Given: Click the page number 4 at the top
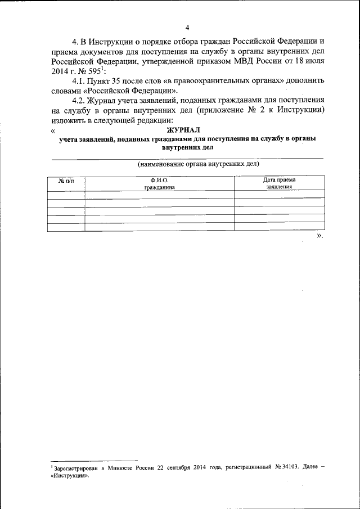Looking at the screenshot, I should click(187, 28).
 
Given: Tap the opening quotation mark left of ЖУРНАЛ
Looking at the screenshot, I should click(52, 130).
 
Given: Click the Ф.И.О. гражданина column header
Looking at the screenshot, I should click(159, 184).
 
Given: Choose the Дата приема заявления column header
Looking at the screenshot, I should click(279, 184).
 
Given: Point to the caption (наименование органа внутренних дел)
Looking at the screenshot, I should click(191, 164).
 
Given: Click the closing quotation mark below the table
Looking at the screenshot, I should click(319, 236).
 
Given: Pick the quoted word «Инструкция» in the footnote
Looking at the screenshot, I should click(70, 475).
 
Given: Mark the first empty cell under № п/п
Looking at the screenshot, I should click(66, 195).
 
